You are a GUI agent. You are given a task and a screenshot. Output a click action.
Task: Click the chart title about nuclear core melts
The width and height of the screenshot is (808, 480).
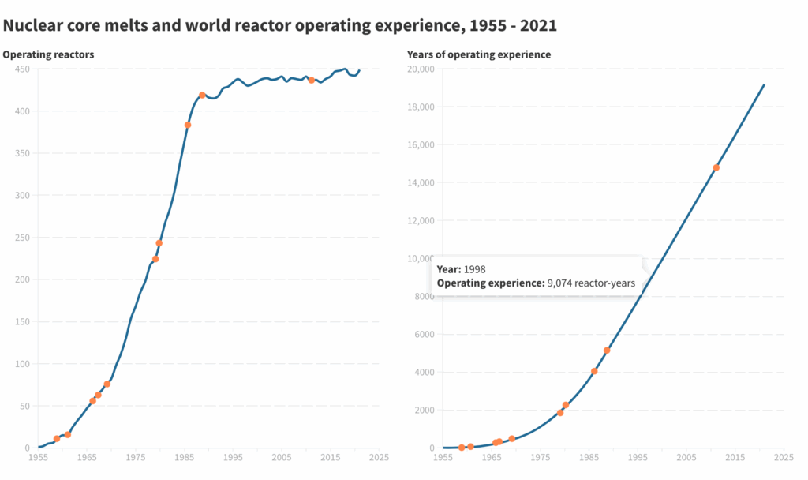tap(280, 25)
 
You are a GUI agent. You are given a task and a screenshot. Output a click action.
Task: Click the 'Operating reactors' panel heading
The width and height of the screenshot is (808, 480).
tap(49, 54)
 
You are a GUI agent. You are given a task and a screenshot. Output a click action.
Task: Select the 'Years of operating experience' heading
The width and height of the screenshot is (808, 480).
tap(479, 54)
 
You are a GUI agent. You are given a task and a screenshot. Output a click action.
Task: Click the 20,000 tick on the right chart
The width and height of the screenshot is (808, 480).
tap(420, 69)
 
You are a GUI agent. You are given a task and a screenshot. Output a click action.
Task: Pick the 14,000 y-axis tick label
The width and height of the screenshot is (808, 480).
tap(420, 182)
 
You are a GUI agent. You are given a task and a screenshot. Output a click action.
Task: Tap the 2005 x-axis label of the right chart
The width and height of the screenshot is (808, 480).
tap(686, 457)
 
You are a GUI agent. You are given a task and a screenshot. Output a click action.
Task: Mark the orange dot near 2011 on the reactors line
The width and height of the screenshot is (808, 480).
tap(312, 80)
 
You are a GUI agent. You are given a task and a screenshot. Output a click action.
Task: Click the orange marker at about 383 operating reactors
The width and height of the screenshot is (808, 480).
tap(188, 125)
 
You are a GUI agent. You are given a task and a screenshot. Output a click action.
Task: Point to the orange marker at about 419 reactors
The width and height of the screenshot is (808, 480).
tap(202, 95)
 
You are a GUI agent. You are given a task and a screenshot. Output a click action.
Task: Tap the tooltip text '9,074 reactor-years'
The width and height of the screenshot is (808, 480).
tap(591, 283)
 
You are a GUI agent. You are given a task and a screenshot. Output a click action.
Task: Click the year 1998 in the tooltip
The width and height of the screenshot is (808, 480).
tap(474, 269)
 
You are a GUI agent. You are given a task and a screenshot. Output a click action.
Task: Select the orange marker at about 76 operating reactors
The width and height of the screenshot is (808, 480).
tap(107, 384)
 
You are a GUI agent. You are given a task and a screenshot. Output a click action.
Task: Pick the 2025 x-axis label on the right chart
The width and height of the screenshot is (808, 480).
tap(784, 457)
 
